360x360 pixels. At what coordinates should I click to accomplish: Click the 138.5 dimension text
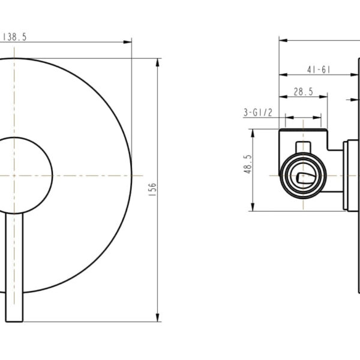tap(15, 37)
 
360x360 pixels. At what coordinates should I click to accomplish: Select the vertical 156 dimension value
tap(152, 190)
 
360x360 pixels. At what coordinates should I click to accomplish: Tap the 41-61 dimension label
tap(319, 70)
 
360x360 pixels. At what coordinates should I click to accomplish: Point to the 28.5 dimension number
tap(303, 91)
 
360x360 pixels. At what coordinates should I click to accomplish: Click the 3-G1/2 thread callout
tap(258, 112)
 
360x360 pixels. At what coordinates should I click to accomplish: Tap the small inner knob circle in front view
tap(24, 175)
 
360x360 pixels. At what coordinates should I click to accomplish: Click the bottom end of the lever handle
tap(14, 318)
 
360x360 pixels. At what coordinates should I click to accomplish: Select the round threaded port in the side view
tap(303, 175)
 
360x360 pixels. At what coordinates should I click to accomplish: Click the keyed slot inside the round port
tap(303, 176)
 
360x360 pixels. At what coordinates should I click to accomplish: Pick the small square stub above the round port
tap(304, 147)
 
